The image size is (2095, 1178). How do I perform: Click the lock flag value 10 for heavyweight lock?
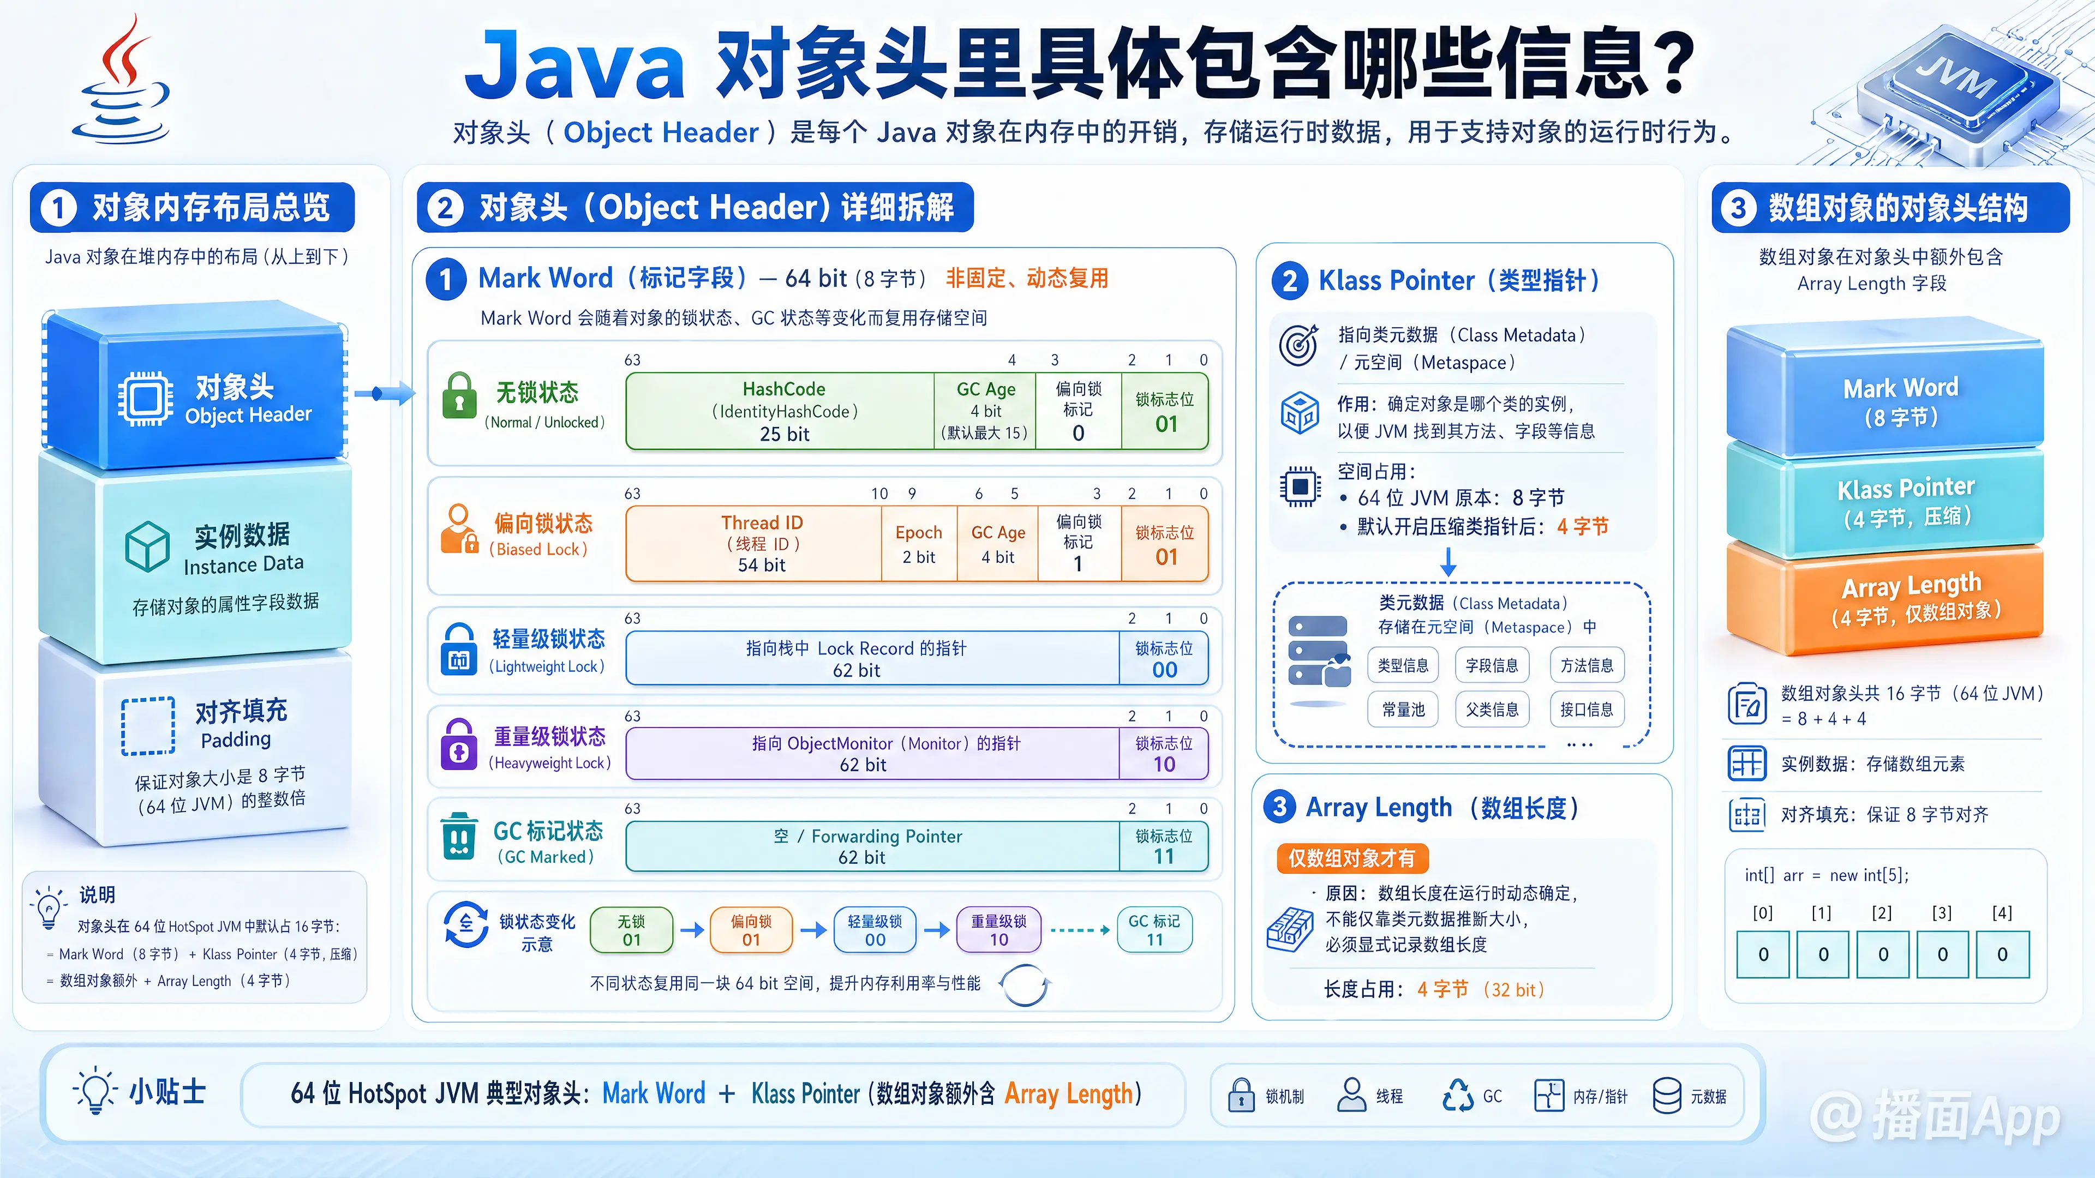tap(1164, 764)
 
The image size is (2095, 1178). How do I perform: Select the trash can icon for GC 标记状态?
tap(459, 835)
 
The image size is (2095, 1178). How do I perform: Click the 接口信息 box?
tap(1587, 710)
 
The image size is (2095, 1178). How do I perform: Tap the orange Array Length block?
tap(1885, 599)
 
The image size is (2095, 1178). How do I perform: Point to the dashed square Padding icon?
tap(148, 726)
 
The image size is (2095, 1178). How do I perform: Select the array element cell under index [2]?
tap(1883, 954)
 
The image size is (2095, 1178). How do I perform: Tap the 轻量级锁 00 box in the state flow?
tap(875, 930)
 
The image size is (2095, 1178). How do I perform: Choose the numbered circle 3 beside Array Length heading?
tap(1280, 807)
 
